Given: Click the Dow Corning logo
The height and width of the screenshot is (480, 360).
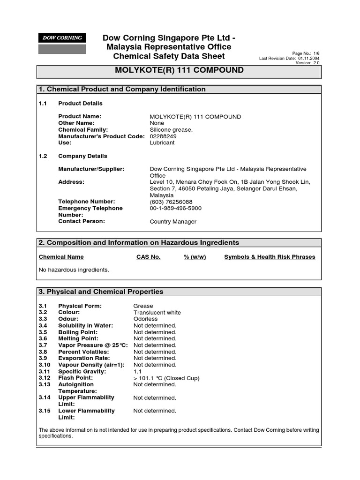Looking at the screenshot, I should [62, 38].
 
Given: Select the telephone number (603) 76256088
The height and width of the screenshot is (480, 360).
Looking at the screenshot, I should [171, 202].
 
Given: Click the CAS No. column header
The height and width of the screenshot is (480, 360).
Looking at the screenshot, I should [149, 257].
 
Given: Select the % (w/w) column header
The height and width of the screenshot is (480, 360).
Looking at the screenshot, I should [195, 257].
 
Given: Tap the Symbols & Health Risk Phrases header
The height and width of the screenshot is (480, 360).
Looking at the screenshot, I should [270, 257].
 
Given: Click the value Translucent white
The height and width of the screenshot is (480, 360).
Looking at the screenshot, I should [157, 312].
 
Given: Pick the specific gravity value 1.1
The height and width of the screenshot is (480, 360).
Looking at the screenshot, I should [138, 371].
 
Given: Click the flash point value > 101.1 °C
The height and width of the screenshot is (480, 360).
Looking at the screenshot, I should [166, 378].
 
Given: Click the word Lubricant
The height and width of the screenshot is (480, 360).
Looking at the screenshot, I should [162, 142].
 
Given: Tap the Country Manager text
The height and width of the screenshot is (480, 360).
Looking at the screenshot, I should [173, 222].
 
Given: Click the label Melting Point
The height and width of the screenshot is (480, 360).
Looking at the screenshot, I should [78, 338].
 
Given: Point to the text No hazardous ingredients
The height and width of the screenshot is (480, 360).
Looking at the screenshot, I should [74, 270].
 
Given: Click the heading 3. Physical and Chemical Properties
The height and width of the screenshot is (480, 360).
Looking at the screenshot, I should [101, 292].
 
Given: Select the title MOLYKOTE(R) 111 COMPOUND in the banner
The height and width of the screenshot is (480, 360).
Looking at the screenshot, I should [180, 70].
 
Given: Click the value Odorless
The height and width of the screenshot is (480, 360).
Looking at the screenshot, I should [146, 319].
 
